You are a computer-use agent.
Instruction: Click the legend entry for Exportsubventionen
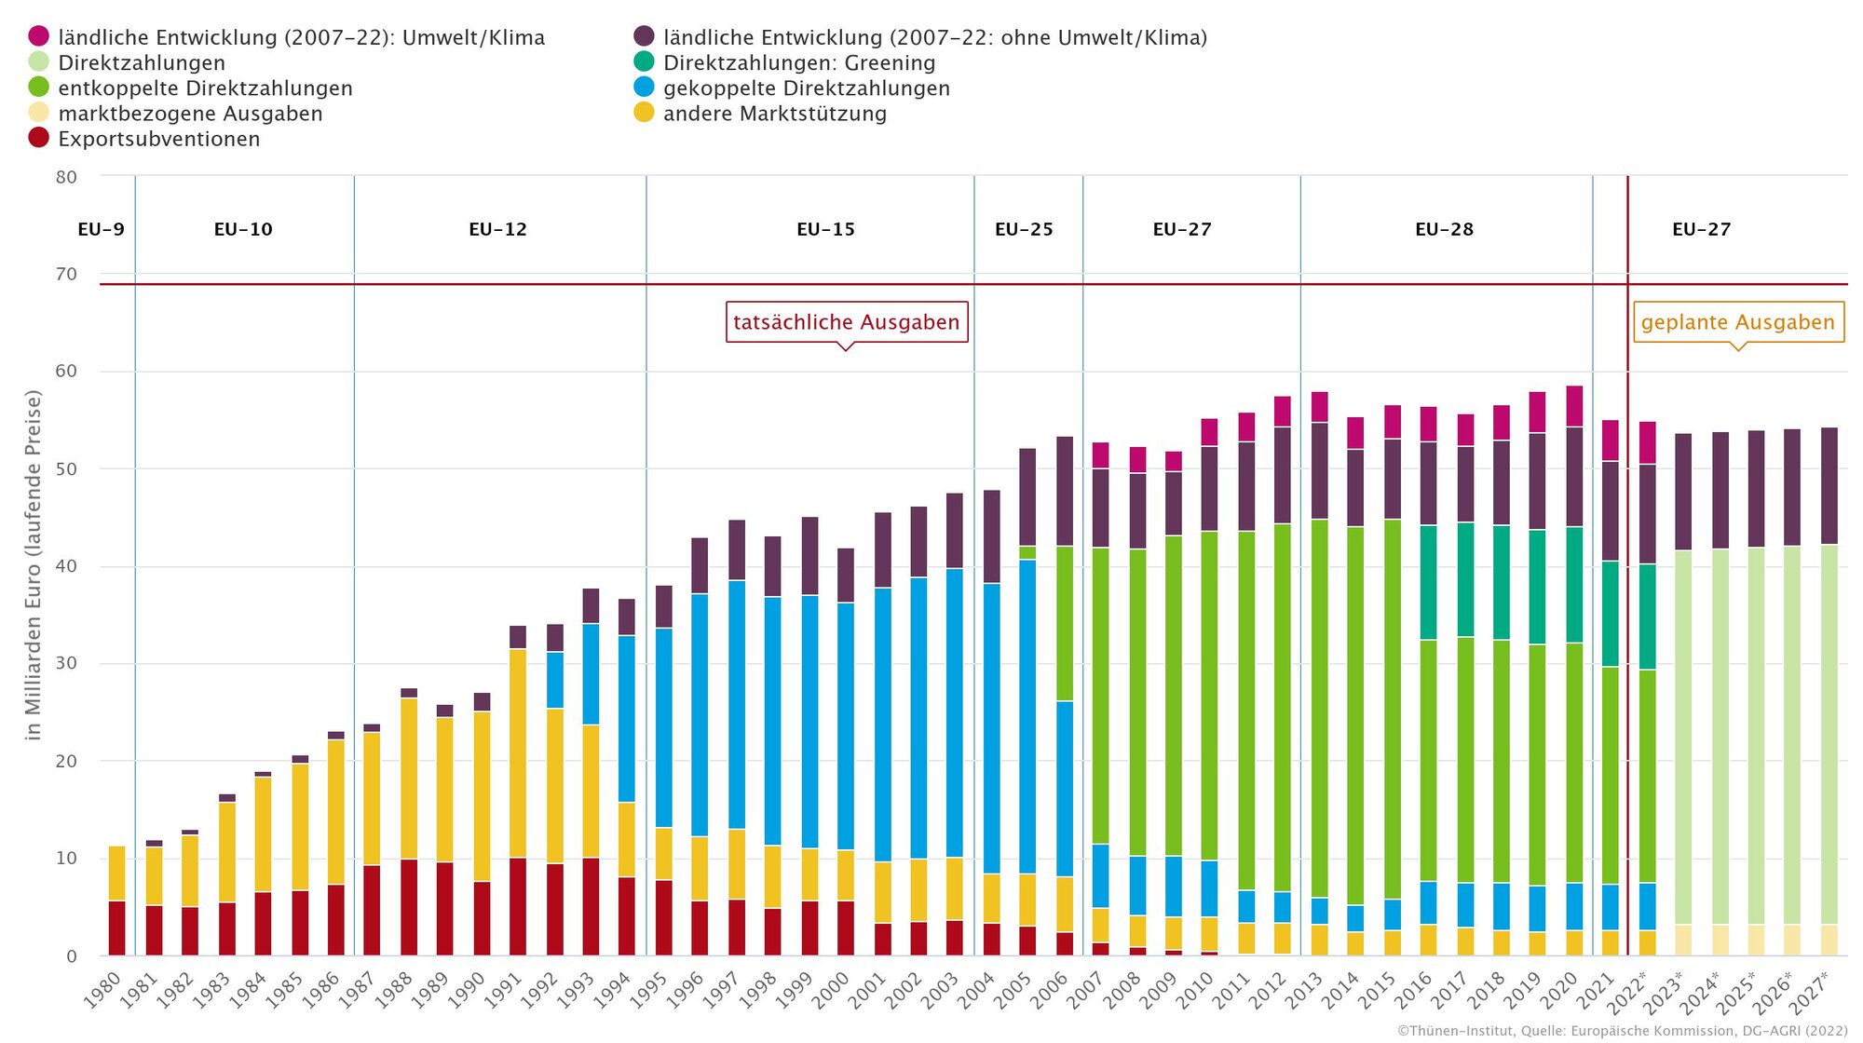(158, 139)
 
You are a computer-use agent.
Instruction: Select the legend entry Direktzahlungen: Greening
(798, 62)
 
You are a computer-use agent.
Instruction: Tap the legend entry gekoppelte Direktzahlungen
(806, 88)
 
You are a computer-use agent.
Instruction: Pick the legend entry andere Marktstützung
(774, 114)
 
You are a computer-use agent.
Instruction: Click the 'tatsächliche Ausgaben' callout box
(846, 322)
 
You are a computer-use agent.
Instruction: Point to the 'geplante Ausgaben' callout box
(1737, 322)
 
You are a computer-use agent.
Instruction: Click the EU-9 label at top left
(101, 229)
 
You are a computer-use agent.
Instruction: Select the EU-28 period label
(1444, 229)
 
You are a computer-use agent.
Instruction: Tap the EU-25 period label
(1024, 229)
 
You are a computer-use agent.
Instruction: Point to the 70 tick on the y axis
(66, 274)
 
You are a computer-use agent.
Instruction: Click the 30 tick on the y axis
(66, 663)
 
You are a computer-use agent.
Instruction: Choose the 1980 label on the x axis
(102, 990)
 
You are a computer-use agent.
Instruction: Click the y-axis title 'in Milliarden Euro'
(34, 564)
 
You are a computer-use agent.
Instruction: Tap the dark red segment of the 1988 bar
(408, 907)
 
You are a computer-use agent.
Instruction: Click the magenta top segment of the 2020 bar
(1574, 406)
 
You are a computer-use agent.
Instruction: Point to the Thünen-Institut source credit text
(1622, 1031)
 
